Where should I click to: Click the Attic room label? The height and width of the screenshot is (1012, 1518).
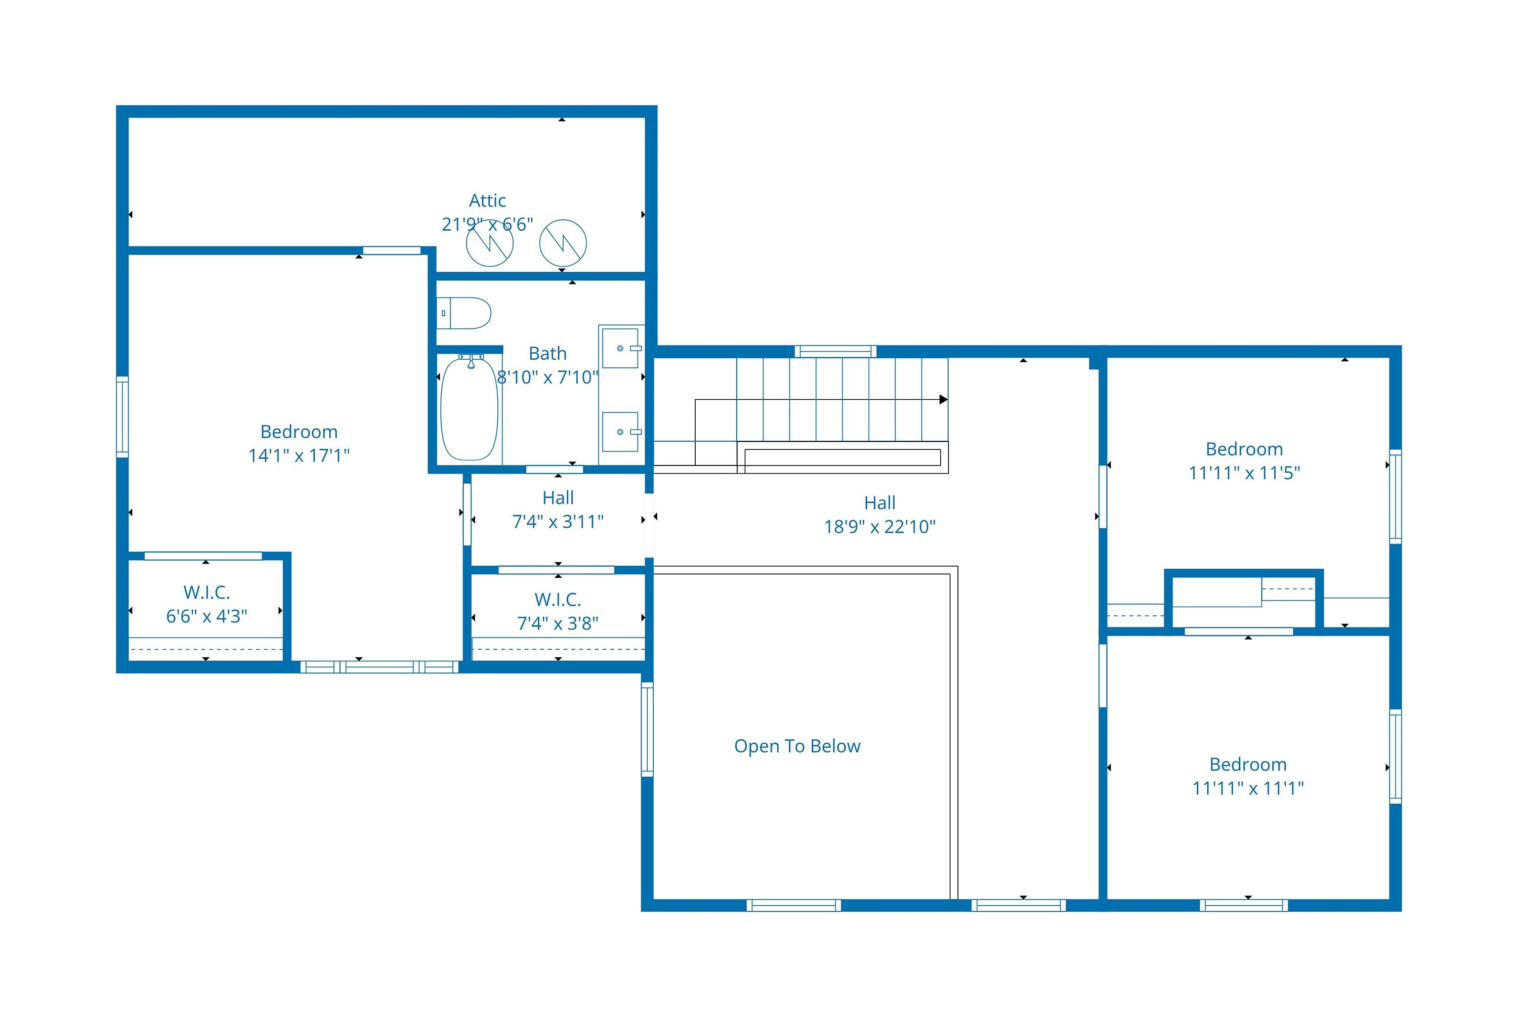pyautogui.click(x=487, y=201)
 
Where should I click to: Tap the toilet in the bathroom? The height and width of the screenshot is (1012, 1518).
pyautogui.click(x=463, y=313)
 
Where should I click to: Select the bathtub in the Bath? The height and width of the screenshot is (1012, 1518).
pyautogui.click(x=469, y=408)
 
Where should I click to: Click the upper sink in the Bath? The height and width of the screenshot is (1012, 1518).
pyautogui.click(x=621, y=348)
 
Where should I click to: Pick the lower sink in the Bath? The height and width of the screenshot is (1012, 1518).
pyautogui.click(x=621, y=432)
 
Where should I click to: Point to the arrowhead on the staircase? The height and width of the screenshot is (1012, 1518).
pyautogui.click(x=943, y=400)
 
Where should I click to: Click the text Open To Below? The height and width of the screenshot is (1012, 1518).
pyautogui.click(x=797, y=746)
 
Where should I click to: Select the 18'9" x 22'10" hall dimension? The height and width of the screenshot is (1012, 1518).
pyautogui.click(x=880, y=527)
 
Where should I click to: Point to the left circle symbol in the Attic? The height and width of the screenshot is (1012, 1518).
pyautogui.click(x=490, y=243)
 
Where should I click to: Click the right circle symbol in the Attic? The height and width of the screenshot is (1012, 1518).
pyautogui.click(x=563, y=243)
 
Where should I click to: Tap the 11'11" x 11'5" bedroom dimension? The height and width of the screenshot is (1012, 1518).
pyautogui.click(x=1244, y=473)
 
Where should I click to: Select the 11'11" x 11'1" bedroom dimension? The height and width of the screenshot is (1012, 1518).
pyautogui.click(x=1248, y=788)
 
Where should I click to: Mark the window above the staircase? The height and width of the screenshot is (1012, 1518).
pyautogui.click(x=835, y=352)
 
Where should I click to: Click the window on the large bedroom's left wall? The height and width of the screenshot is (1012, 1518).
pyautogui.click(x=122, y=417)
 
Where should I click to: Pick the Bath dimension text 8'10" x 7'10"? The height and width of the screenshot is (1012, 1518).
pyautogui.click(x=548, y=377)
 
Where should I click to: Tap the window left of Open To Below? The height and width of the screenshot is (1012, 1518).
pyautogui.click(x=647, y=729)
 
